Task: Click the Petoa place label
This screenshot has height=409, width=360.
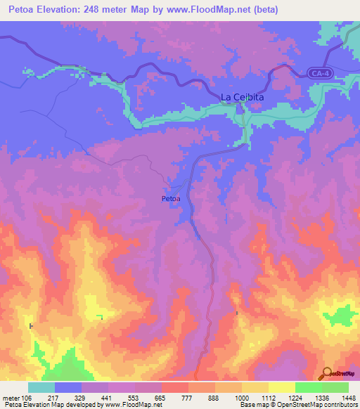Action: point(171,199)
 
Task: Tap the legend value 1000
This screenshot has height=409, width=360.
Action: point(241,397)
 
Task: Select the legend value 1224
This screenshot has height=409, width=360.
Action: point(295,397)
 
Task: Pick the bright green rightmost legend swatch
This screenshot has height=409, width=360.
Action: point(335,387)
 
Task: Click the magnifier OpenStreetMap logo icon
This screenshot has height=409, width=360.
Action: point(326,373)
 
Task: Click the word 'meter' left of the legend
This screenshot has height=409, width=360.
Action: point(9,397)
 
